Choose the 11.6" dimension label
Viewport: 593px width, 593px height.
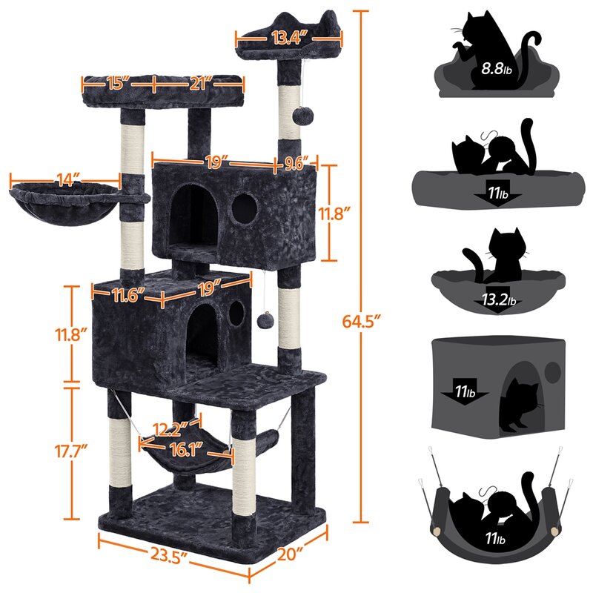coord(125,297)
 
